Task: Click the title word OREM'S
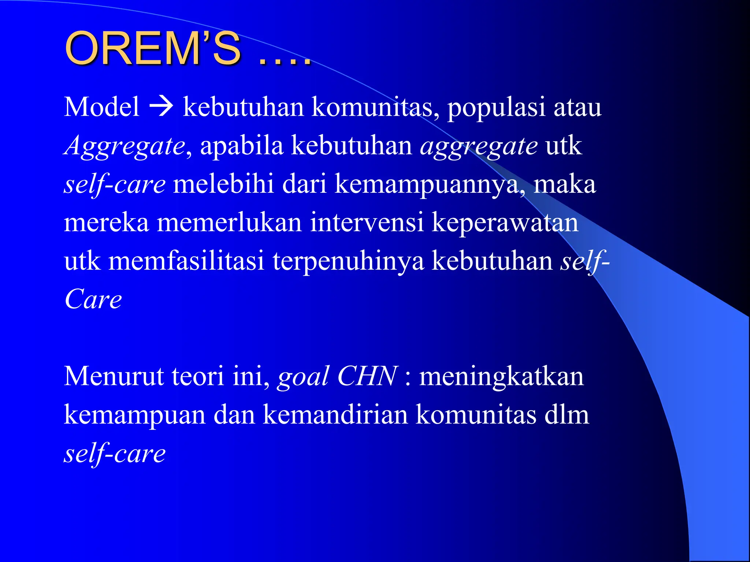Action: pos(153,49)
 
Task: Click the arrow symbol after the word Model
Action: pos(161,107)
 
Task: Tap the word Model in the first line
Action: pos(101,107)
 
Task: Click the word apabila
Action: pos(242,146)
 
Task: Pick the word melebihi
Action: pos(223,184)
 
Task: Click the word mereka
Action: pos(106,222)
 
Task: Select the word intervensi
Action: pos(367,222)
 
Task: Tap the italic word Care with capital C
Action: pos(93,299)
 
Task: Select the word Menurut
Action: pos(114,376)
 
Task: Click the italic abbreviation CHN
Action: pos(367,376)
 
